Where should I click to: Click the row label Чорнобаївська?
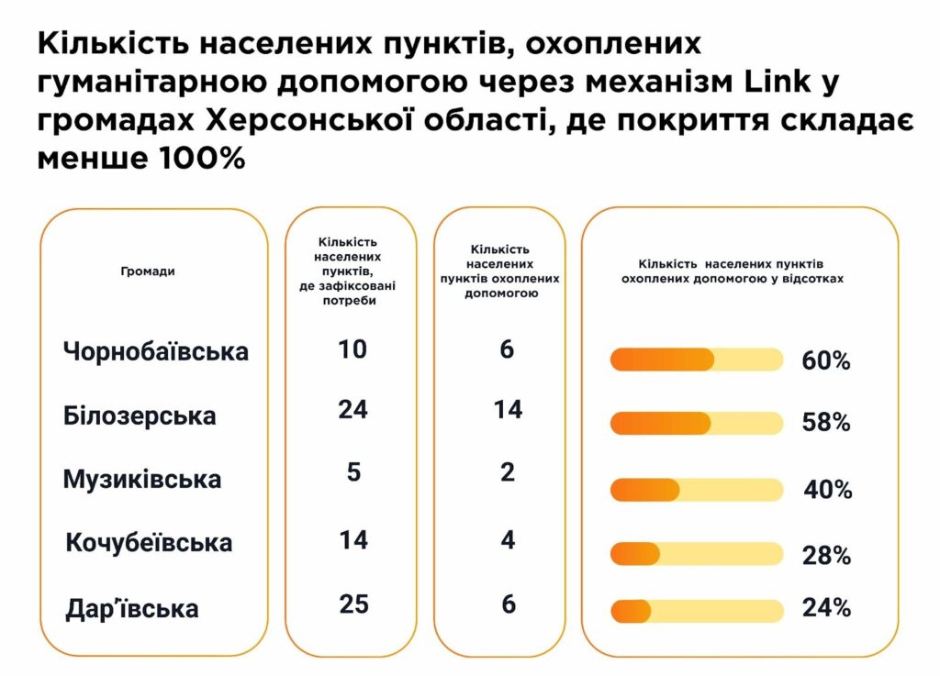tap(156, 351)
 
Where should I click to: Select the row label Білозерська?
tap(140, 416)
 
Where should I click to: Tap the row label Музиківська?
tap(142, 480)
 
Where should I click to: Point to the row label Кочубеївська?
tap(149, 543)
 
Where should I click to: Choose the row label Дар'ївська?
tap(132, 608)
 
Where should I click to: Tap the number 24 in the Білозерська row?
tap(352, 410)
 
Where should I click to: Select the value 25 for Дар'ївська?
tap(352, 604)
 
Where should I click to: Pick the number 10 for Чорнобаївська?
tap(352, 349)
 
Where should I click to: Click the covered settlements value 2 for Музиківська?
tap(508, 472)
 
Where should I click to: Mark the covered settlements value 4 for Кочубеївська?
tap(508, 539)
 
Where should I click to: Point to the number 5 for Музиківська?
tap(353, 472)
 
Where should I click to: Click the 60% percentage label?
tap(825, 360)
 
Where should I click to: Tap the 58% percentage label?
tap(825, 423)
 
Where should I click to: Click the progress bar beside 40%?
tap(697, 490)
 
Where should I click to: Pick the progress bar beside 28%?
tap(697, 554)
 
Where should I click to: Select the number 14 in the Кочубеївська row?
tap(352, 539)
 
